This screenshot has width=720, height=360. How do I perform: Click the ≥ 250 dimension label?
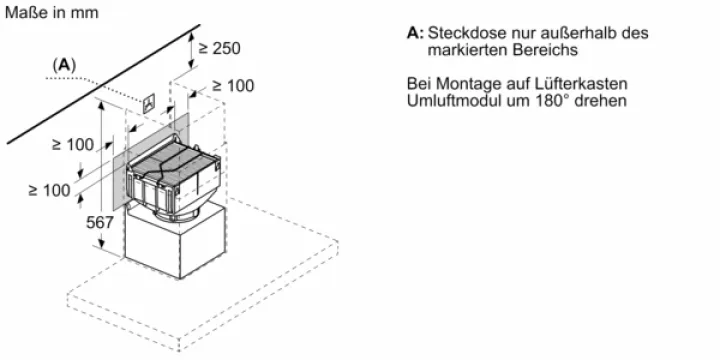tap(219, 48)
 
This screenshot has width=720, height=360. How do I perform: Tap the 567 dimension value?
tap(99, 223)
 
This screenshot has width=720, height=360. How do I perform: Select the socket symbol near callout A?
tap(149, 104)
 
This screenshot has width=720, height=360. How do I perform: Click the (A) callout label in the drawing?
tap(64, 66)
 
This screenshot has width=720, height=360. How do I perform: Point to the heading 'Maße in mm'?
tap(51, 12)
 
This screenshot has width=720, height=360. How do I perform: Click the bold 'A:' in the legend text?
tap(415, 33)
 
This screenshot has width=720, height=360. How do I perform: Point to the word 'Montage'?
tap(466, 84)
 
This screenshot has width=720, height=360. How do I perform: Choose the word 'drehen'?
tap(603, 100)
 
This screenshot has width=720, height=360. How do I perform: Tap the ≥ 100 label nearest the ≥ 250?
tap(233, 86)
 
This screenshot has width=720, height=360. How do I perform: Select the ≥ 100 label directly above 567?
tap(73, 145)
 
